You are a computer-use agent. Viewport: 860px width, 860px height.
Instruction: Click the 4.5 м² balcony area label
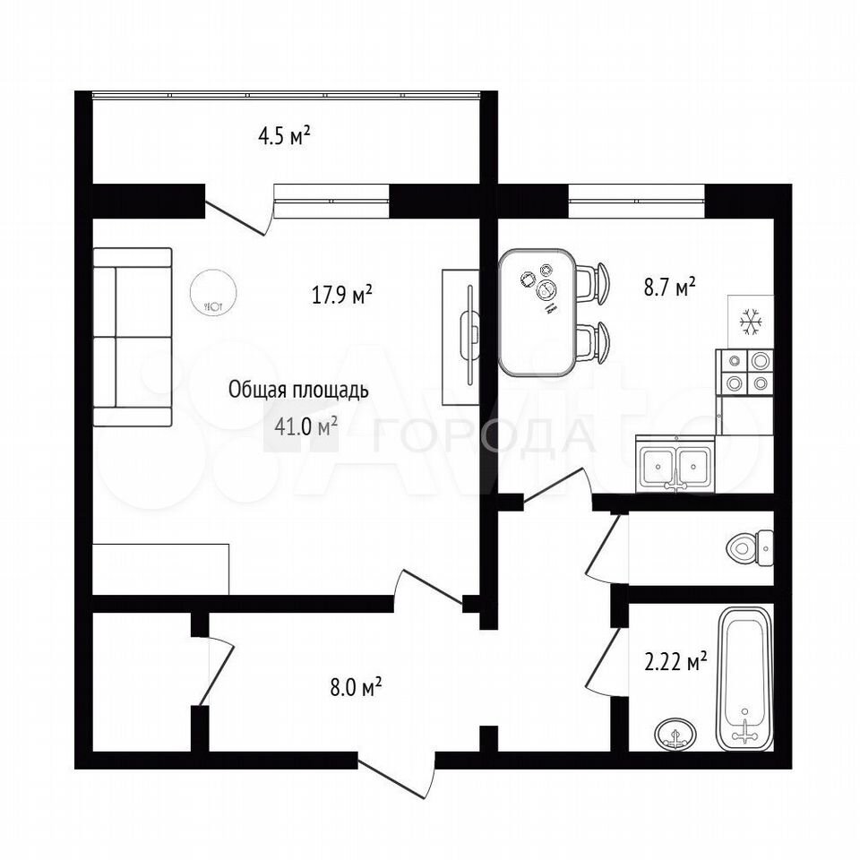click(x=284, y=135)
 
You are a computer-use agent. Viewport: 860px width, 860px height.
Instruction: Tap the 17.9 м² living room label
click(x=342, y=295)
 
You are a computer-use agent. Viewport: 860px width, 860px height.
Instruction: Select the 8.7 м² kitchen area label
click(x=670, y=287)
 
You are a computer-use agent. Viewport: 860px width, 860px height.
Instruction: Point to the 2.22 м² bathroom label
click(x=675, y=661)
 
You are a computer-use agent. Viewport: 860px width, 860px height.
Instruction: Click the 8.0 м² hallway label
click(x=356, y=687)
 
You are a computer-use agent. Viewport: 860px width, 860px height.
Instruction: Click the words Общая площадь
click(x=297, y=390)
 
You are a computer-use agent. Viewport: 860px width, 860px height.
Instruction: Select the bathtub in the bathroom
click(x=744, y=679)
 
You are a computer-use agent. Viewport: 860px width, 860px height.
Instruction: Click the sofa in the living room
click(x=133, y=337)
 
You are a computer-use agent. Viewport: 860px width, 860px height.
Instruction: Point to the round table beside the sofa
click(x=213, y=293)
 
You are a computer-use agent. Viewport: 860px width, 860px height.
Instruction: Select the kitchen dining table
click(x=537, y=313)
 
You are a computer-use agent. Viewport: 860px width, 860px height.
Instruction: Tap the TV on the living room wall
click(x=470, y=336)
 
